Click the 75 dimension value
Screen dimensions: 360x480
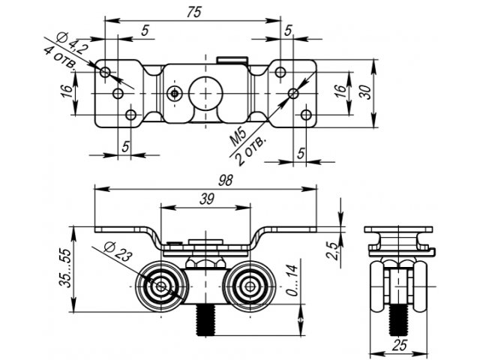194,12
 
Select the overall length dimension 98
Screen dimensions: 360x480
223,180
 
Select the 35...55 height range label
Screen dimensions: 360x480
65,269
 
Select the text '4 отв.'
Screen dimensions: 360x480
59,57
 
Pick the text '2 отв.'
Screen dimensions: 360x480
250,151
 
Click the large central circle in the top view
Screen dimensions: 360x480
203,92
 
